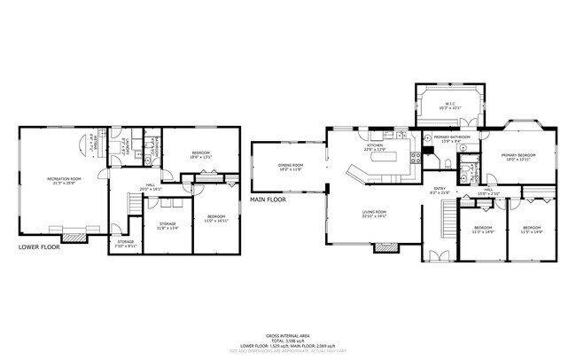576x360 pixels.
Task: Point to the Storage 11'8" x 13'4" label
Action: pos(167,226)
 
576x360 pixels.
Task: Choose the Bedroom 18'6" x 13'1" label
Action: pos(201,155)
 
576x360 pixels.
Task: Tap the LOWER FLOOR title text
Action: pos(39,247)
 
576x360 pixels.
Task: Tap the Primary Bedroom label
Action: pos(522,157)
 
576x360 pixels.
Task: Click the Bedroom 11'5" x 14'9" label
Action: pos(532,233)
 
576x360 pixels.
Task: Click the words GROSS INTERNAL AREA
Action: pos(287,335)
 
